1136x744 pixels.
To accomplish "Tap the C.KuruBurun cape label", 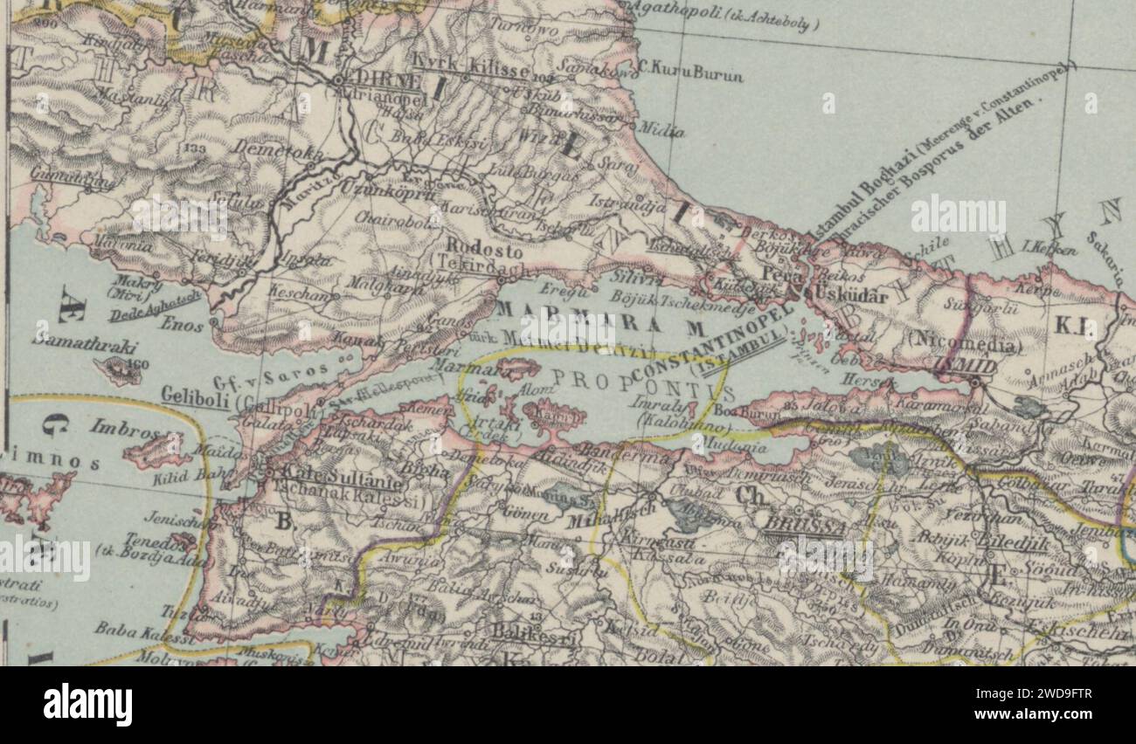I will pyautogui.click(x=690, y=73).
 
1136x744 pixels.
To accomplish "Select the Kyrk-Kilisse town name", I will pyautogui.click(x=470, y=65).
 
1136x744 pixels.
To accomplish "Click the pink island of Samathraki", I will pyautogui.click(x=117, y=369).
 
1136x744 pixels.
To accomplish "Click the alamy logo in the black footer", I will pyautogui.click(x=87, y=704).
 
